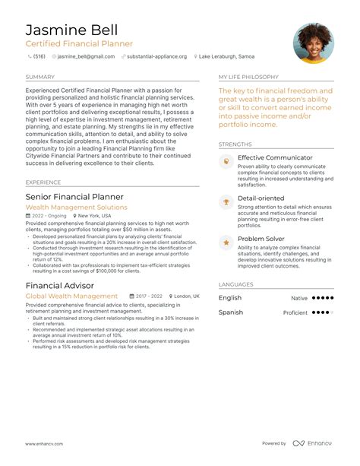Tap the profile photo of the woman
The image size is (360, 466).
point(313,43)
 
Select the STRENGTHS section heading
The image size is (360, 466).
point(235,144)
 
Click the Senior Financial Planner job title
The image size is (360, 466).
point(74,197)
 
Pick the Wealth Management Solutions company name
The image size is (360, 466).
point(76,207)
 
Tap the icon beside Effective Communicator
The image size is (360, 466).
point(226,163)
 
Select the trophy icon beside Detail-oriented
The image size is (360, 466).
point(226,202)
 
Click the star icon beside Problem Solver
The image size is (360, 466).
point(226,243)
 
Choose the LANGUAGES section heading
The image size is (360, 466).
point(235,284)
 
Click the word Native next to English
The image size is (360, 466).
point(299,299)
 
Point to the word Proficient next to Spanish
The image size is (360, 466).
point(295,312)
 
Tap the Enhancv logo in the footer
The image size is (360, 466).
point(313,443)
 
